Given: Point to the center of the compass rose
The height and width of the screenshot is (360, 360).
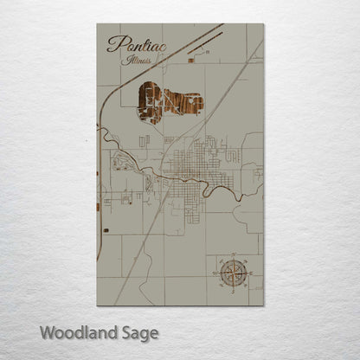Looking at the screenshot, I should pos(232,274).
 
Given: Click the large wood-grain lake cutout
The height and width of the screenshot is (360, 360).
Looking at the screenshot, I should pos(169,102).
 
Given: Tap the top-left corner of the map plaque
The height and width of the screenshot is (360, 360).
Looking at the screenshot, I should pos(97,24).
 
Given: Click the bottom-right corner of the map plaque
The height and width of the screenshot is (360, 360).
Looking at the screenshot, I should pos(263,305).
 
